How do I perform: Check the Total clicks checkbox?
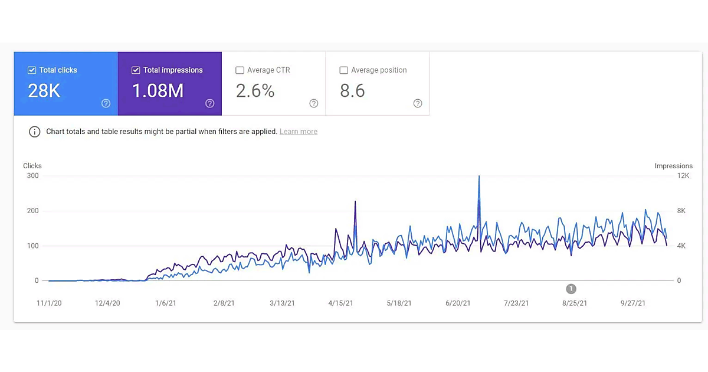[32, 70]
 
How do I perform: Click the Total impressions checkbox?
[136, 70]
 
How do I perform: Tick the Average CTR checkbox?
[240, 70]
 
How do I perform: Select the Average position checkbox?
[343, 70]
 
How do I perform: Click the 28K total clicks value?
[44, 91]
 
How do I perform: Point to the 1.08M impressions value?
[158, 91]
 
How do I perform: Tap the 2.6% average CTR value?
[255, 91]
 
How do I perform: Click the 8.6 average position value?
[352, 91]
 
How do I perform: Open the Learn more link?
[299, 132]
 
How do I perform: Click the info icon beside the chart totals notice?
[35, 132]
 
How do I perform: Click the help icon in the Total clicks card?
[106, 103]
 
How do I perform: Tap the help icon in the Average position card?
[418, 103]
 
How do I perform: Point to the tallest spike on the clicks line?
[479, 176]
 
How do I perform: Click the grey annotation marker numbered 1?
[571, 289]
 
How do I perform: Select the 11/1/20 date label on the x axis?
[50, 304]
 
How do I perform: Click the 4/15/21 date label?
[340, 304]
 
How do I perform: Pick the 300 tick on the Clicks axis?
[32, 176]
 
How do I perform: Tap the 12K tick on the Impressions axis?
[683, 176]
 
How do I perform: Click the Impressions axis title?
[673, 166]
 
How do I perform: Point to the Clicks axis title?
[32, 166]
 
